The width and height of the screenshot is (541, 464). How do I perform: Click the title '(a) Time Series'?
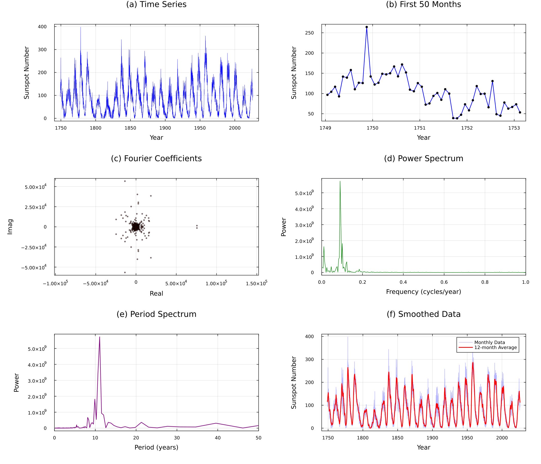[x=156, y=4]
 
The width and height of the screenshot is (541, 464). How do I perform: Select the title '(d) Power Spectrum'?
[x=423, y=158]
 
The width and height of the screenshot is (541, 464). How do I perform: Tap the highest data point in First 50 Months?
[x=367, y=27]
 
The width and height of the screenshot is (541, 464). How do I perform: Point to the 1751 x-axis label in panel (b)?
[x=420, y=128]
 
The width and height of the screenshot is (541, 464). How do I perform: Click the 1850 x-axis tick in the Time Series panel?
[x=130, y=128]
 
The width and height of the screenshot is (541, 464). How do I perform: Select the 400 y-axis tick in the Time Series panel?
[x=42, y=27]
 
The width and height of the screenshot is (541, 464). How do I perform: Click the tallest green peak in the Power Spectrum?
[x=340, y=181]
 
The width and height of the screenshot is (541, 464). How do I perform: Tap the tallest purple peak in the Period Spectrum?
[x=99, y=337]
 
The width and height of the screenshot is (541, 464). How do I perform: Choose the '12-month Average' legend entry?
[x=495, y=347]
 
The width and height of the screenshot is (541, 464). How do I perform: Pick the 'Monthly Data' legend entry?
[x=489, y=342]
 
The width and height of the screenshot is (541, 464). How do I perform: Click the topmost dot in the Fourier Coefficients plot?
[x=125, y=181]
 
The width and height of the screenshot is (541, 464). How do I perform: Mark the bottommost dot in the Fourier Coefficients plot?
[x=125, y=272]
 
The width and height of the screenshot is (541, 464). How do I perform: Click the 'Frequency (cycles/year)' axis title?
[x=423, y=292]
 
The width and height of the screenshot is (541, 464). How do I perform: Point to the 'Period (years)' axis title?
[x=156, y=447]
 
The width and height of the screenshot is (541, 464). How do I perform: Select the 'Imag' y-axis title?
[x=10, y=227]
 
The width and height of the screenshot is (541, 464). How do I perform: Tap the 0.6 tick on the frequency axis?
[x=444, y=282]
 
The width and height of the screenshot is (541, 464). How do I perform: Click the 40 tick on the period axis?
[x=217, y=438]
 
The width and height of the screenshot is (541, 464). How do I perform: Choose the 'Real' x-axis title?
[x=156, y=293]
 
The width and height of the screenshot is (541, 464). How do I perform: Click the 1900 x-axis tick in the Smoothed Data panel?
[x=432, y=438]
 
